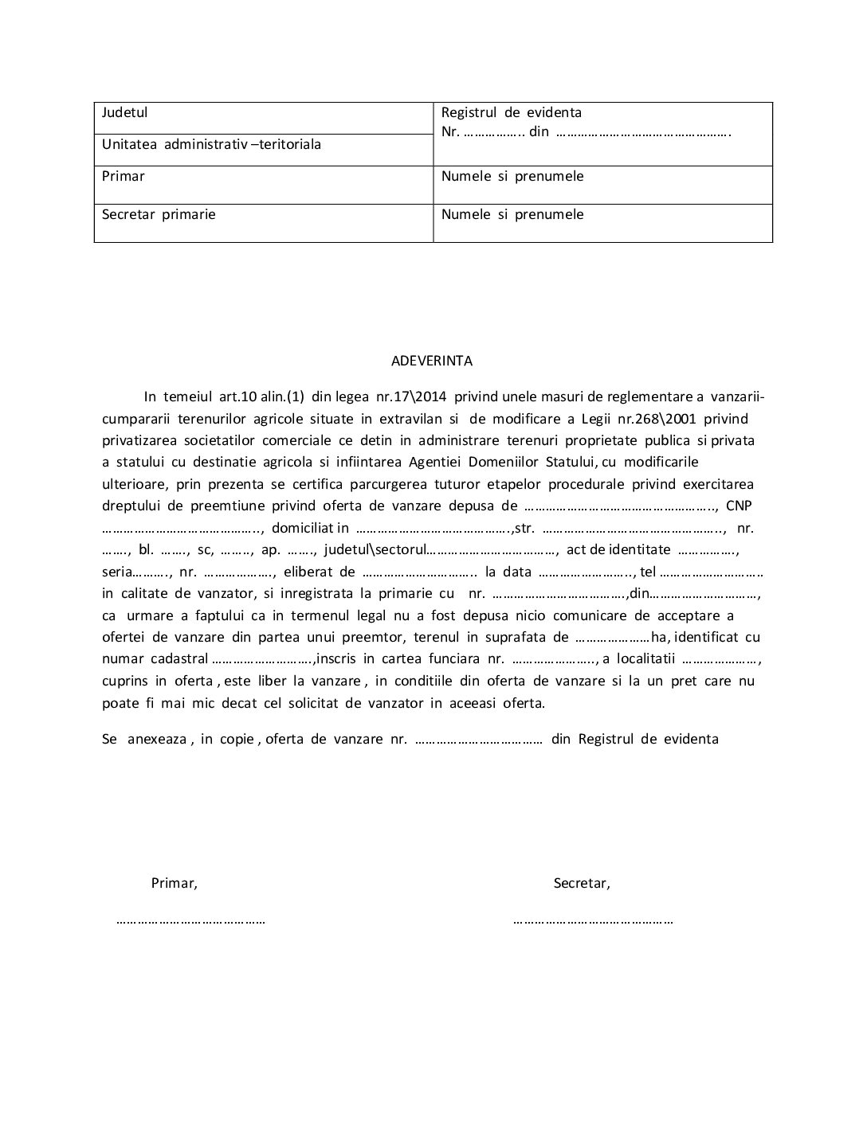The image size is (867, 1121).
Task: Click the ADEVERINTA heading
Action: [432, 361]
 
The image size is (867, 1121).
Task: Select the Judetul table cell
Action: [124, 112]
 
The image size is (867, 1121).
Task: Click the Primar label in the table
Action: [123, 176]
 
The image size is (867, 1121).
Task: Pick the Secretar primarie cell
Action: [159, 214]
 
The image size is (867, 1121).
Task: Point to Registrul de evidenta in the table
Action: [511, 112]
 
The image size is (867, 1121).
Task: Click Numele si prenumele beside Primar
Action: [512, 176]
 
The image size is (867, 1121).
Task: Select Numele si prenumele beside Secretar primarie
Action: [512, 214]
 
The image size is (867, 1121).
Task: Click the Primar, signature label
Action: [174, 883]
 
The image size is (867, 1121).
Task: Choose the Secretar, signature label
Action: [582, 883]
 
